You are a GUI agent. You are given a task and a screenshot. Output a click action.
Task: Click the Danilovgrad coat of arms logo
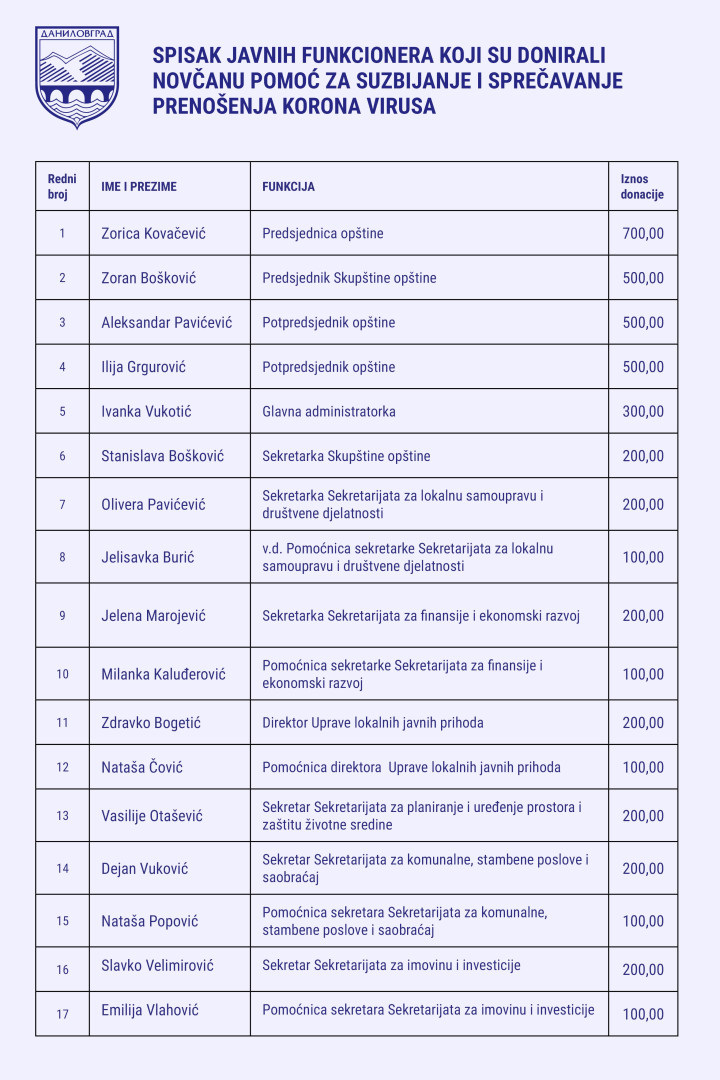[x=77, y=77]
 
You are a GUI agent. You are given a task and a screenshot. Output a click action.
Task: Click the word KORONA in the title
[x=326, y=107]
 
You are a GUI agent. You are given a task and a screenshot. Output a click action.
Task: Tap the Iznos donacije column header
[x=642, y=187]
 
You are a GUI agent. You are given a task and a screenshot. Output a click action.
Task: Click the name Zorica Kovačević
[x=154, y=234]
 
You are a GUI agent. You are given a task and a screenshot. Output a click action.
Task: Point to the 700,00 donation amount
[x=643, y=234]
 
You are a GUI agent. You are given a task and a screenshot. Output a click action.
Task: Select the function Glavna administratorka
[x=329, y=411]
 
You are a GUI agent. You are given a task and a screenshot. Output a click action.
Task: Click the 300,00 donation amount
[x=643, y=411]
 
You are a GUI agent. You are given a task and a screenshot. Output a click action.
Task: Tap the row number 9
[x=62, y=616]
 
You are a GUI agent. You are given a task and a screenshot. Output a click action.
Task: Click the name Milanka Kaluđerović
[x=164, y=674]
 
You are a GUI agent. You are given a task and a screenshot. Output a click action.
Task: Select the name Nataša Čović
[x=142, y=768]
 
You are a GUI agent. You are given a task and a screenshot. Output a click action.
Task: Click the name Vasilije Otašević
[x=152, y=816]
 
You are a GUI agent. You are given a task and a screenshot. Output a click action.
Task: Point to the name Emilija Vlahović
[x=150, y=1011]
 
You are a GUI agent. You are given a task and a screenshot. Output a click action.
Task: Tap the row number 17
[x=62, y=1014]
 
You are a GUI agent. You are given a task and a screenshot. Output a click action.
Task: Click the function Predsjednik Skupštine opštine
[x=349, y=278]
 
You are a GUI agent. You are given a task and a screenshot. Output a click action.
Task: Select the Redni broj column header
[x=62, y=187]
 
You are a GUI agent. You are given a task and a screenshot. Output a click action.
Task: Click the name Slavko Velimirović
[x=158, y=966]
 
